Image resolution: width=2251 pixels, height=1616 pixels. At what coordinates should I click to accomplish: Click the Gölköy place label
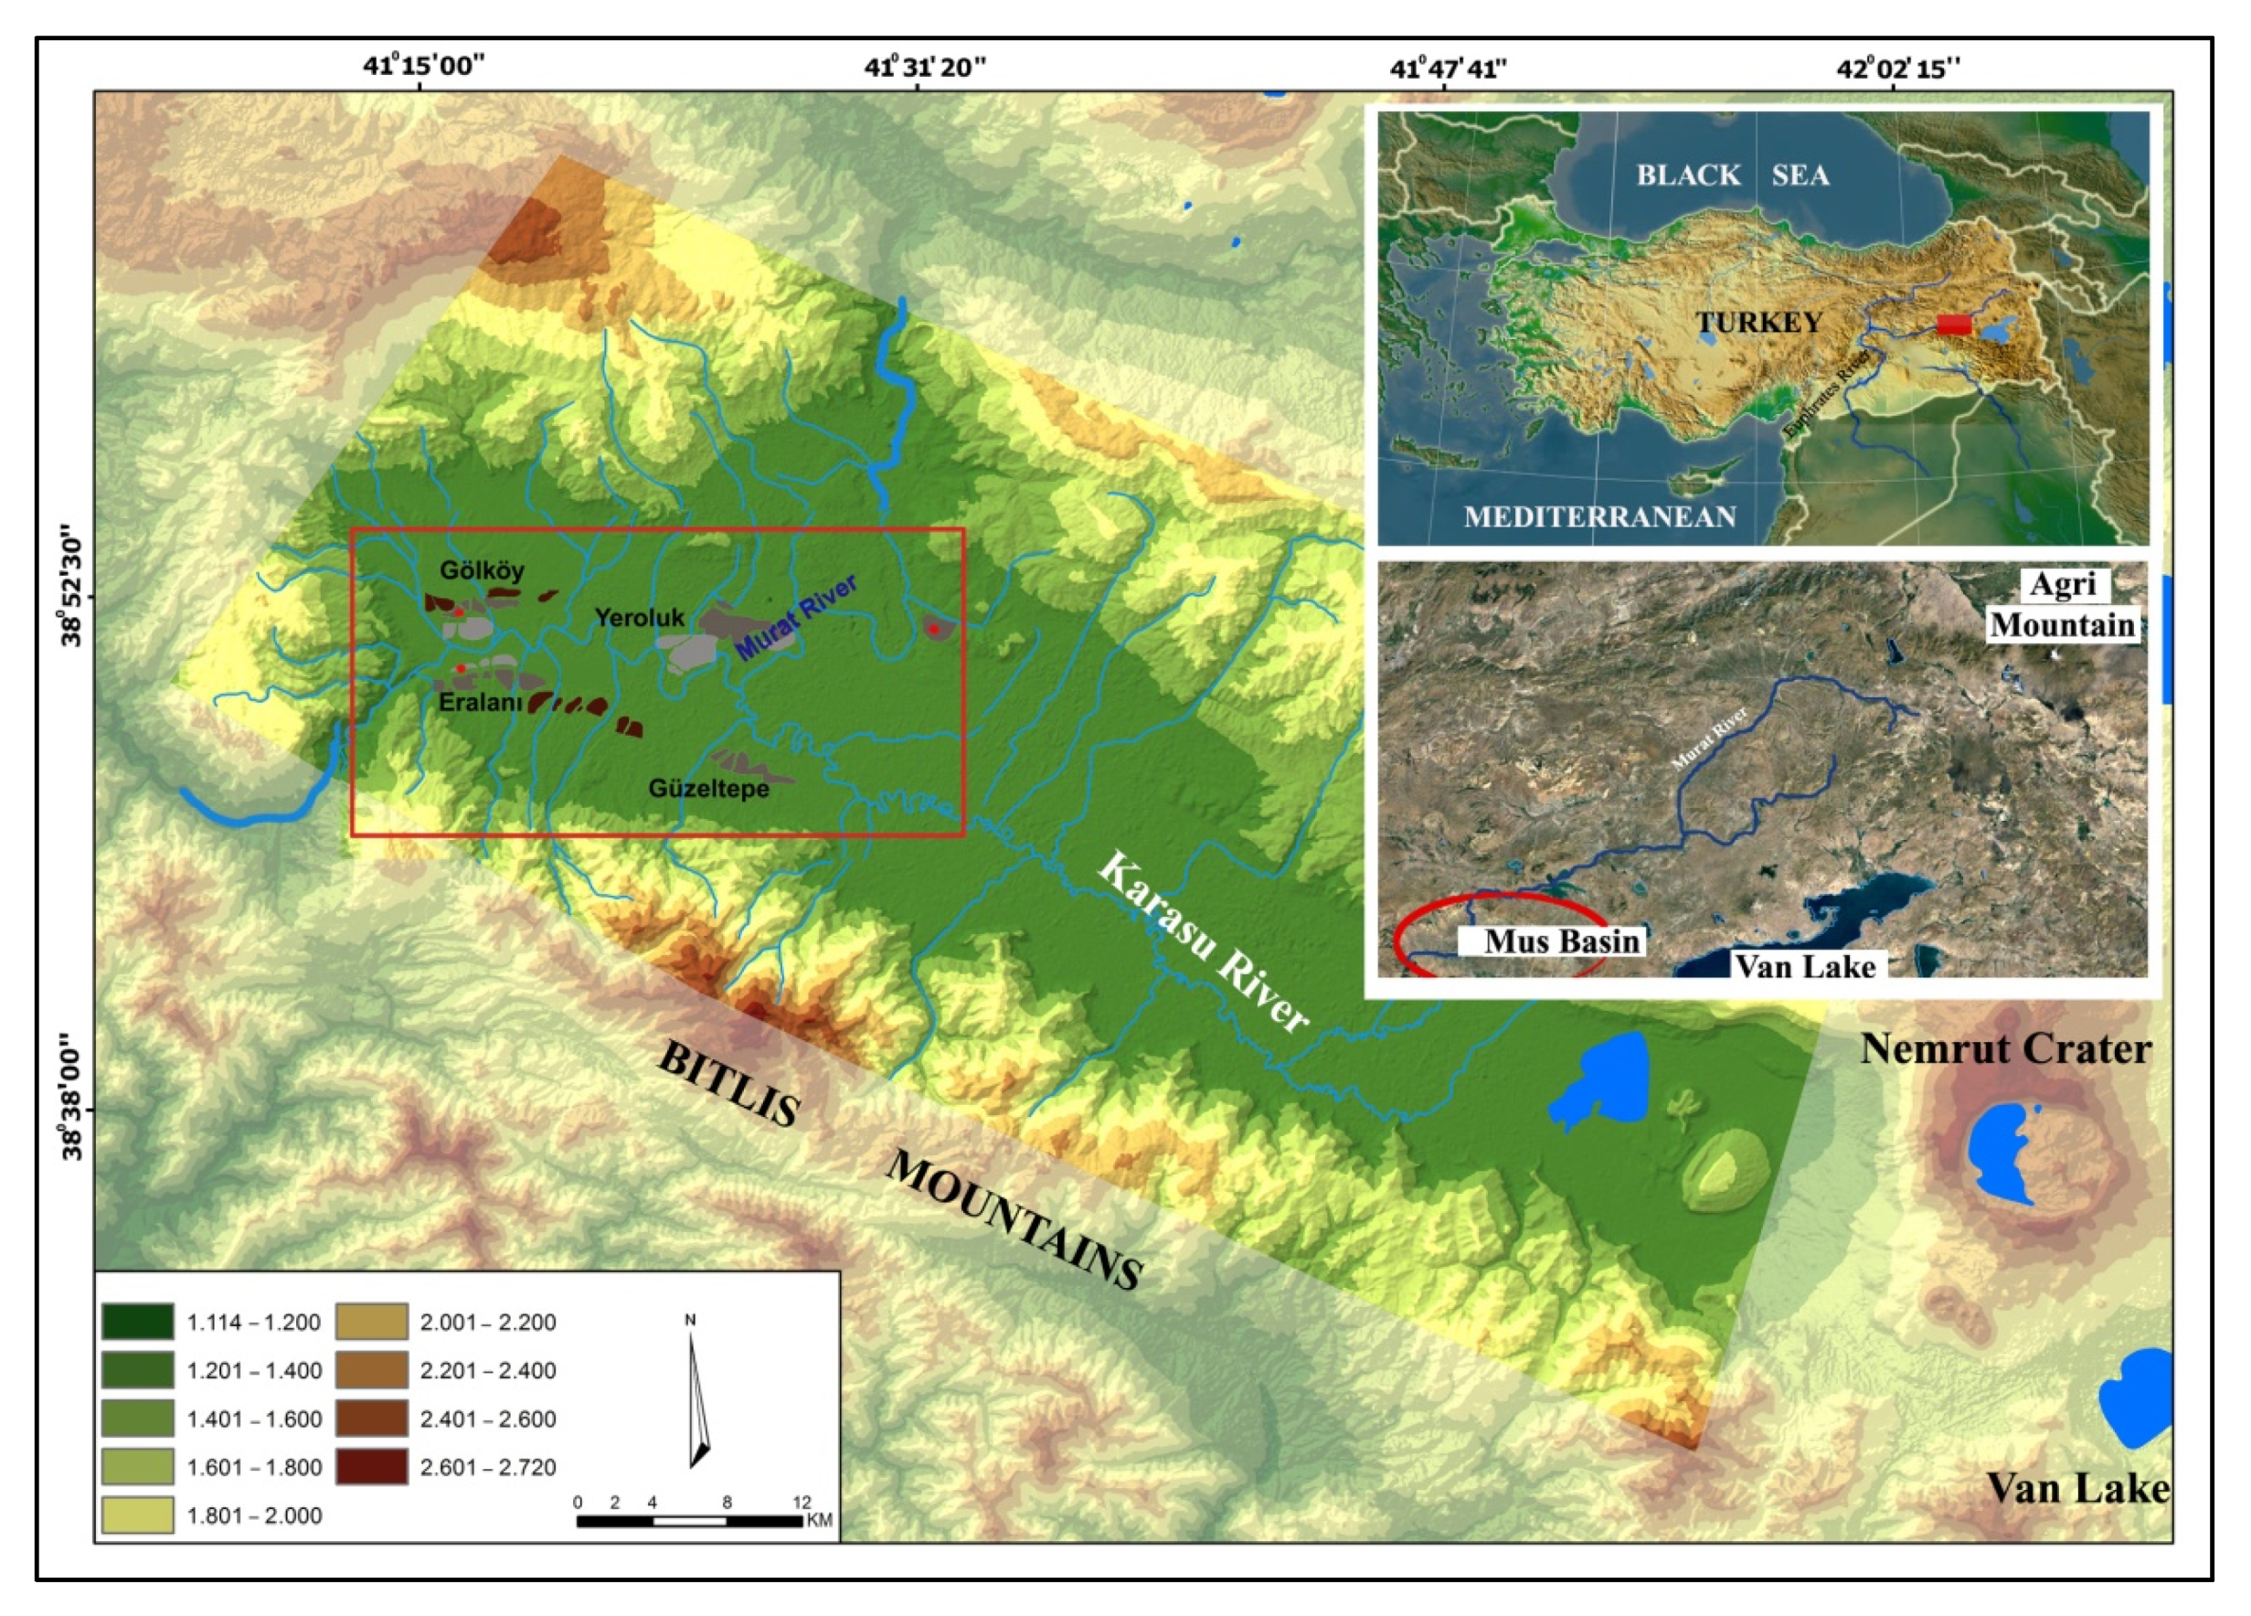tap(483, 570)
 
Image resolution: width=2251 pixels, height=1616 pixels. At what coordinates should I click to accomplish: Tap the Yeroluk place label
tap(640, 617)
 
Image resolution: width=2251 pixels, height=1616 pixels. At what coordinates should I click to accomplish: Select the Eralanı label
tap(481, 703)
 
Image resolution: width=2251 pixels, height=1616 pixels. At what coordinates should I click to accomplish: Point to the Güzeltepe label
tap(708, 789)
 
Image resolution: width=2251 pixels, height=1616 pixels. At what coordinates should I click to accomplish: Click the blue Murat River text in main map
tap(796, 617)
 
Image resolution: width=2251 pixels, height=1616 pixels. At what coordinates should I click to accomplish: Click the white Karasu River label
tap(1203, 943)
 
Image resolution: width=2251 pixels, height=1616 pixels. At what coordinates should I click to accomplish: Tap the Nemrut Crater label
tap(2005, 1049)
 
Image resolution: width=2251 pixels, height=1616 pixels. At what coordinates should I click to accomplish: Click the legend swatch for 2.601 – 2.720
tap(371, 1467)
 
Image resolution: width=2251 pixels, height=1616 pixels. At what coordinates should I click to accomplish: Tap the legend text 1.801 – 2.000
tap(254, 1515)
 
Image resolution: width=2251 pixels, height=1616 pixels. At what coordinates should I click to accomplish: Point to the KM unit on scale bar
tap(820, 1521)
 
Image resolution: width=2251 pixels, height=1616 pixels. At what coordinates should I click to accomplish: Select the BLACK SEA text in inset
tap(1732, 175)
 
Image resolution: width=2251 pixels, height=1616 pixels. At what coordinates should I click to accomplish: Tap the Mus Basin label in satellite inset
tap(1561, 941)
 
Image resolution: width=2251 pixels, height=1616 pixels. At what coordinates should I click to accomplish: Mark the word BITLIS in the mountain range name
tap(728, 1085)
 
